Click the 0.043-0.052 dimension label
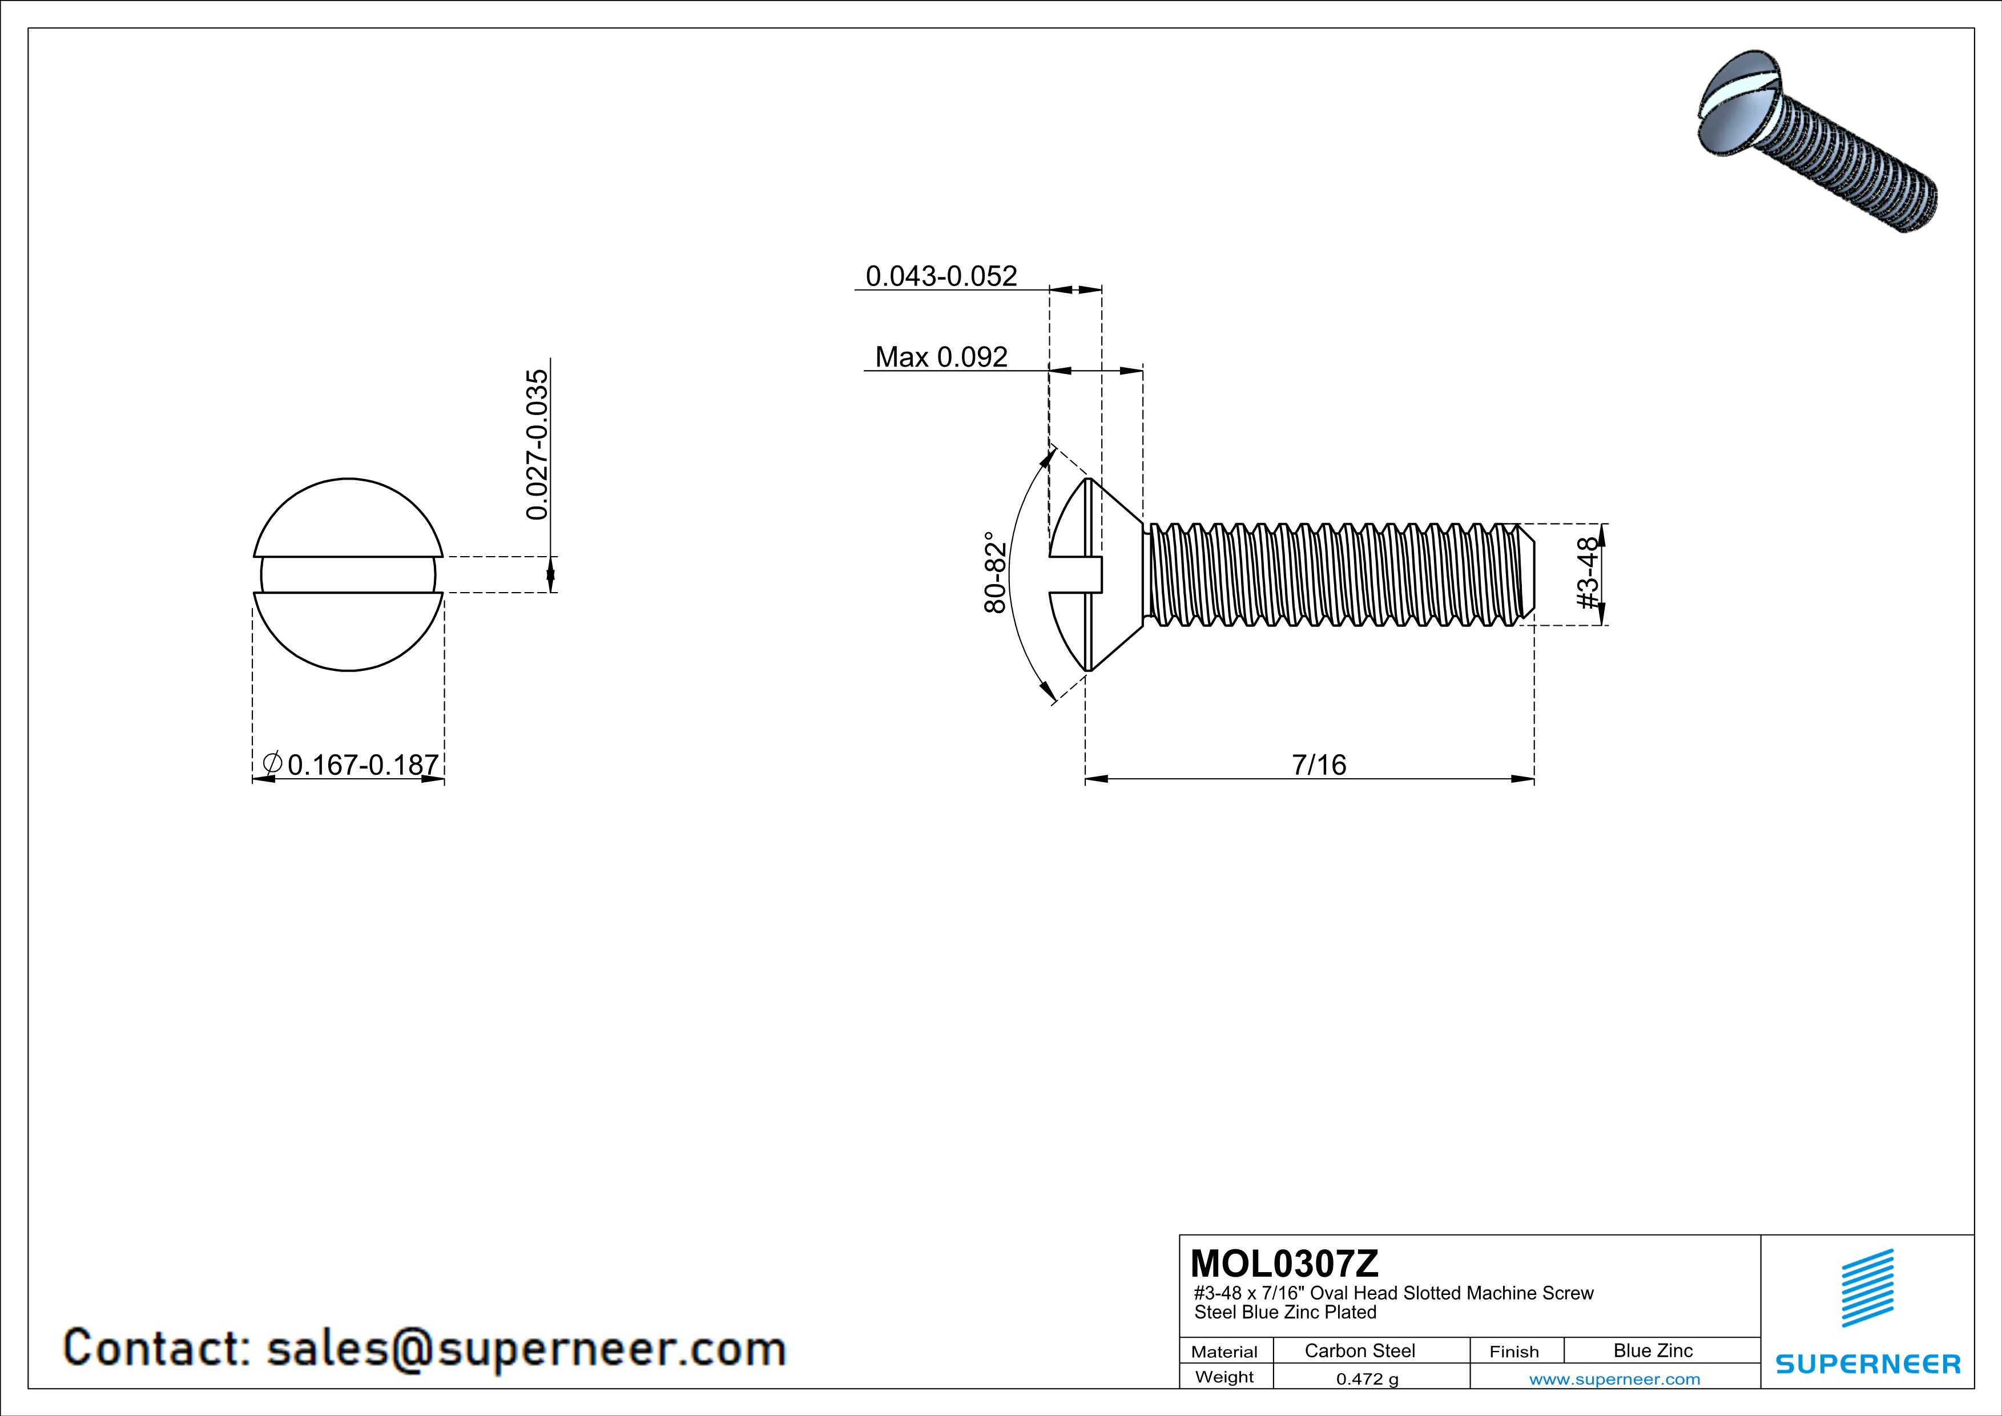(x=941, y=276)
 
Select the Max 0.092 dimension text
(x=941, y=357)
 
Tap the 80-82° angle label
(x=995, y=572)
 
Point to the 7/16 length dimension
(x=1318, y=765)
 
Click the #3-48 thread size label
(x=1589, y=574)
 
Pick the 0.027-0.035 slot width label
(x=537, y=445)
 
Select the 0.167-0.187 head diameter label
(x=362, y=765)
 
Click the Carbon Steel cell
(x=1359, y=1350)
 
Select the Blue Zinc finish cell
(x=1652, y=1350)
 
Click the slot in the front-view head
(x=348, y=574)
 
